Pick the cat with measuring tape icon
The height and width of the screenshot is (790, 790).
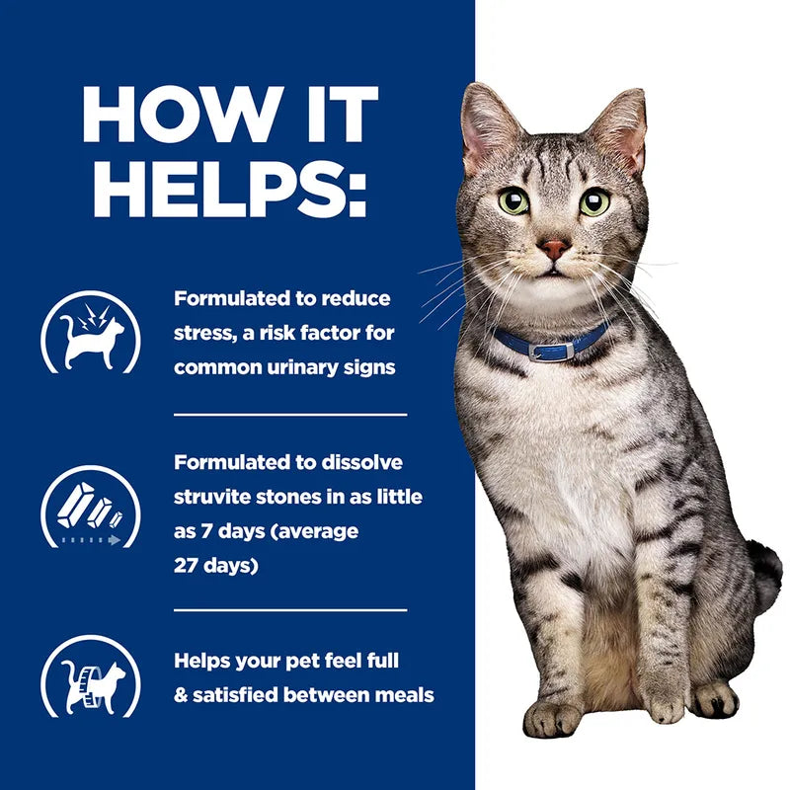pos(90,676)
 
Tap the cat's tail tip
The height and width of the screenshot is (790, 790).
pos(765,573)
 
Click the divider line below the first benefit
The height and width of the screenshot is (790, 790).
pos(290,415)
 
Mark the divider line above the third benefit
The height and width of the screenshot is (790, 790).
pos(290,610)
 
